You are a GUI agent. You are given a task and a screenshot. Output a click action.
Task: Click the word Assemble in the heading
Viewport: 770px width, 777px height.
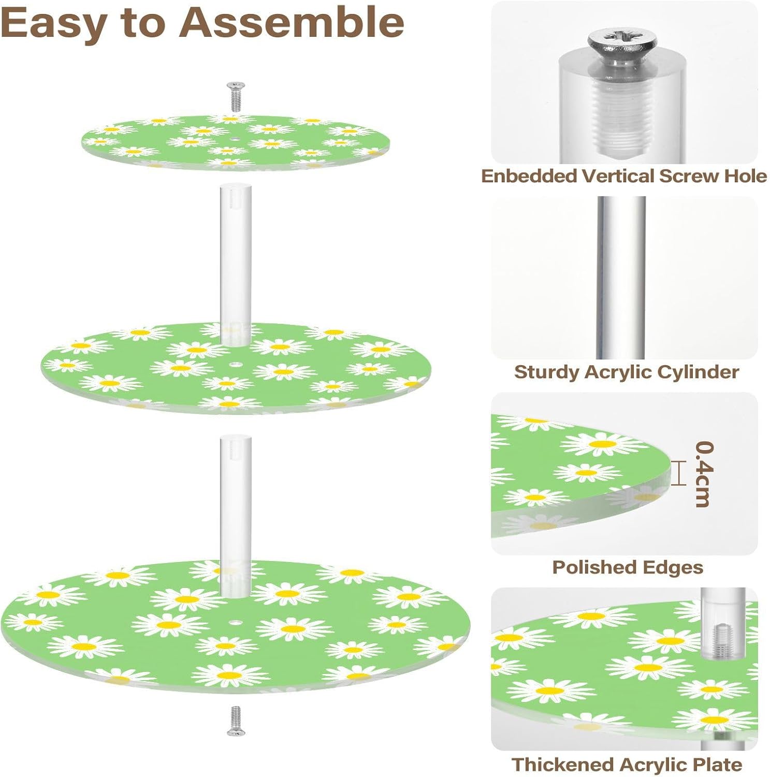pos(291,23)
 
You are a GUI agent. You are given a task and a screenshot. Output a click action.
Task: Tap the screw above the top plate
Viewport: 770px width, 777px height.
pos(236,96)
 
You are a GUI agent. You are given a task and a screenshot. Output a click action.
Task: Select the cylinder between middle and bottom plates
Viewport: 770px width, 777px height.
pos(236,513)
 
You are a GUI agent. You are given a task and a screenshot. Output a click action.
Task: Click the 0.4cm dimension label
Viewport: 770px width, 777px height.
pos(704,473)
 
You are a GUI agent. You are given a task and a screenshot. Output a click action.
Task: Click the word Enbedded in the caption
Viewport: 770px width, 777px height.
pos(529,176)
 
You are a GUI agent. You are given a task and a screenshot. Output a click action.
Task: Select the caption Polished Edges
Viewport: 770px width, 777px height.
pos(628,567)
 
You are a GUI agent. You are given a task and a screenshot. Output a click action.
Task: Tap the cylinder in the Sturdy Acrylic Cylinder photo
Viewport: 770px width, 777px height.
pos(621,277)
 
